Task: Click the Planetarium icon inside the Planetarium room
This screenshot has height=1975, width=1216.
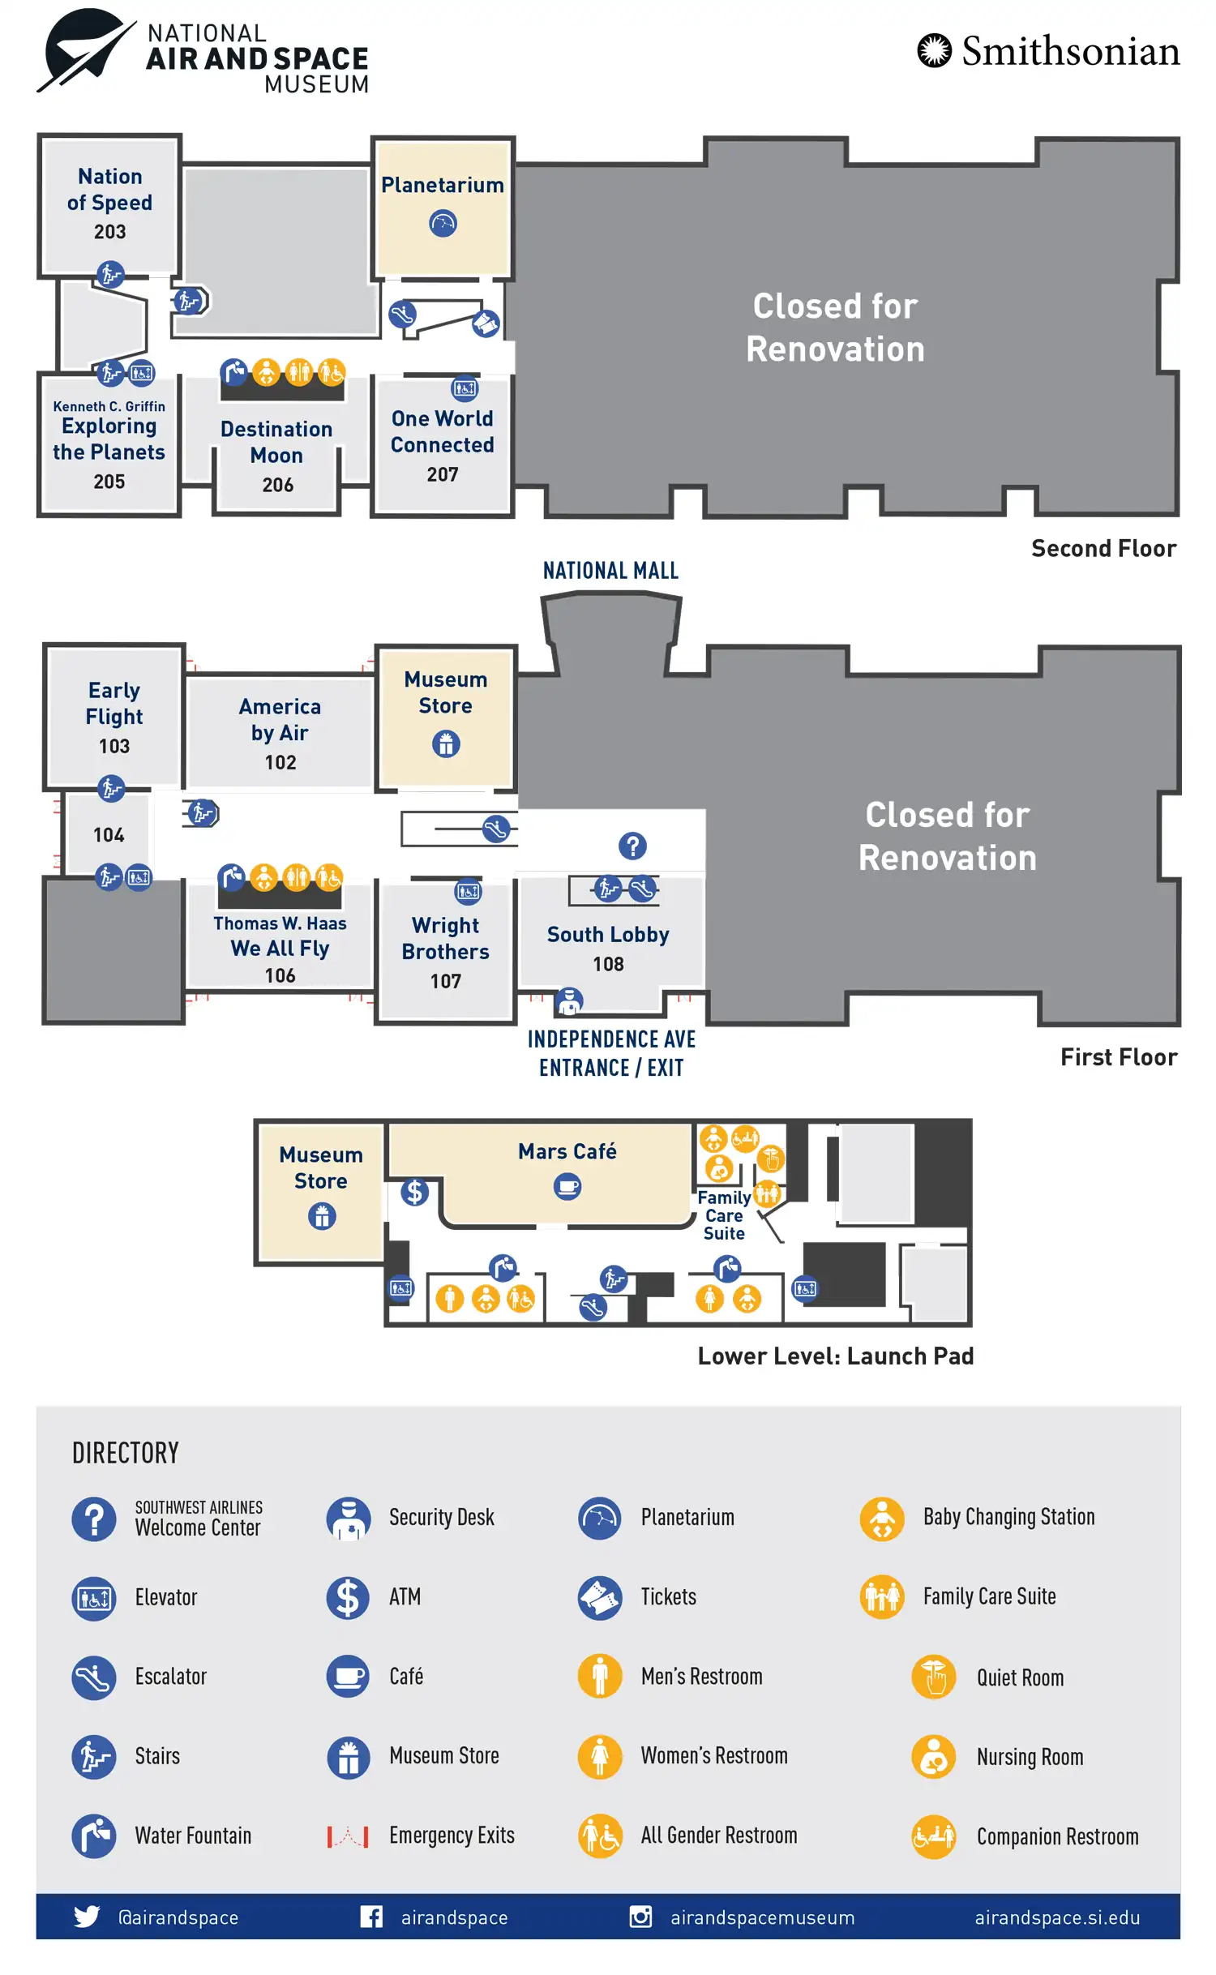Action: click(443, 223)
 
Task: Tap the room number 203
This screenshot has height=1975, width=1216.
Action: click(109, 232)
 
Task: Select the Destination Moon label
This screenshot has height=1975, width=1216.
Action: click(276, 442)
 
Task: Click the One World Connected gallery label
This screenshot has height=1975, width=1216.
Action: click(442, 431)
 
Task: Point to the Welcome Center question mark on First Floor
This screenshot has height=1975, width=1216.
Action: click(632, 846)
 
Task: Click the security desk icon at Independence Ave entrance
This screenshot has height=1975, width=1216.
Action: click(569, 1001)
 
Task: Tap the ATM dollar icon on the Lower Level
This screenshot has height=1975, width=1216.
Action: click(414, 1191)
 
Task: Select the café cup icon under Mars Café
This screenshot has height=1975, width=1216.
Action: click(567, 1187)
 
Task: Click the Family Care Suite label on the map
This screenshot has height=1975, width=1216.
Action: click(724, 1215)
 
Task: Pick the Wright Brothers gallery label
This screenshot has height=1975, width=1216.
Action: click(445, 938)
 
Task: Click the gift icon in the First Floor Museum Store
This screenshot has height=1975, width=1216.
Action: click(445, 743)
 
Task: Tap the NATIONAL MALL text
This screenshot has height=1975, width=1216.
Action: click(610, 571)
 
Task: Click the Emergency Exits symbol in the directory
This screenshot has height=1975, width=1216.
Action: click(348, 1836)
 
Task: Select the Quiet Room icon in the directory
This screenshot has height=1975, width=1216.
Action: click(933, 1676)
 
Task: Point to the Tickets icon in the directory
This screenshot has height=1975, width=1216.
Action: click(600, 1597)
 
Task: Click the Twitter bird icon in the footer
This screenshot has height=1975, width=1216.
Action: click(86, 1917)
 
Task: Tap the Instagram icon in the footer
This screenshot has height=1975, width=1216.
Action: click(640, 1917)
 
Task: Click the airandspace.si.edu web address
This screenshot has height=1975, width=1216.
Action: click(1056, 1917)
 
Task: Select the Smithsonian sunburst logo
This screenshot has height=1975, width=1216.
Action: click(934, 50)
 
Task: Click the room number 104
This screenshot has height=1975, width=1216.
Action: click(109, 835)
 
